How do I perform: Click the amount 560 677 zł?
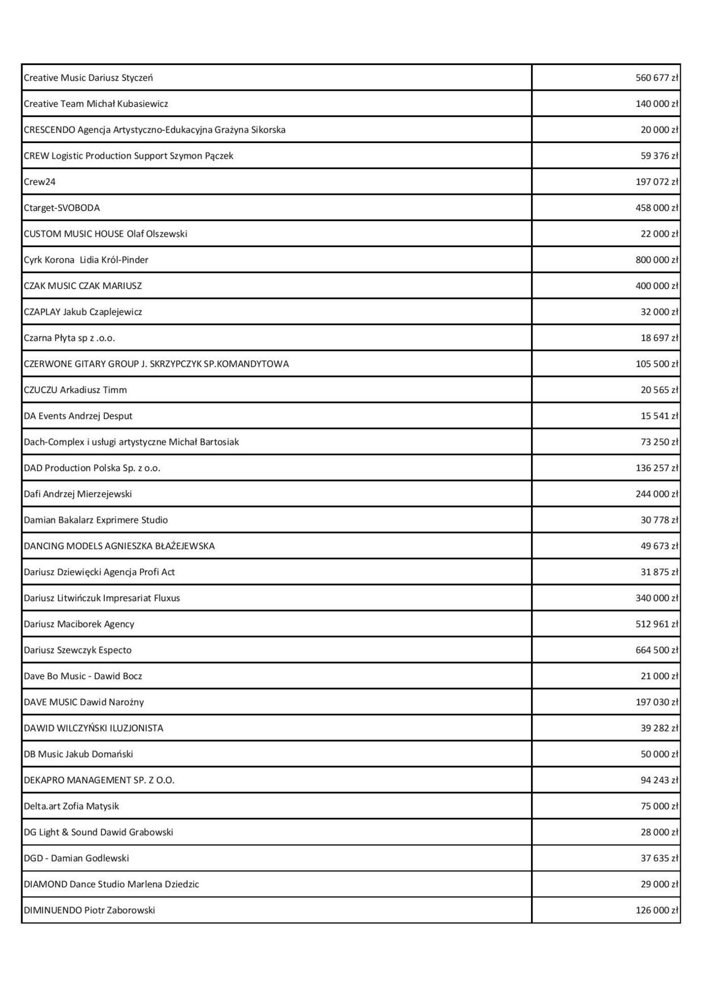(657, 78)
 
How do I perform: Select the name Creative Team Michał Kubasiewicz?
(96, 104)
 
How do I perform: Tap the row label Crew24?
(40, 182)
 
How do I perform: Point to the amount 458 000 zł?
(657, 208)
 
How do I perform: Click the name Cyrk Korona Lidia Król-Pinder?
(86, 260)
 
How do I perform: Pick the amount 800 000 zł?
(657, 260)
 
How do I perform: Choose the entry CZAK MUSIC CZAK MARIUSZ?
(82, 286)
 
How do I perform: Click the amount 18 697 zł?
(659, 338)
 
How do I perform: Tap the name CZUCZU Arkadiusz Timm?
(75, 390)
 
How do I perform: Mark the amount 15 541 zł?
(659, 416)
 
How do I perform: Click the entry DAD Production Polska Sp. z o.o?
(92, 468)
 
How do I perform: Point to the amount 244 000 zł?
(657, 494)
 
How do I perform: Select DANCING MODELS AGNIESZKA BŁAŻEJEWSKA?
(119, 546)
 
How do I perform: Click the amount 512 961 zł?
(657, 624)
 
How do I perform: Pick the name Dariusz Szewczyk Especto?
(77, 650)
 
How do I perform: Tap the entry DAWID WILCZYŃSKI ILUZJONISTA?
(94, 728)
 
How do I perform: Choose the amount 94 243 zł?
(659, 780)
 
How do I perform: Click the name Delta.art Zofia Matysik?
(71, 806)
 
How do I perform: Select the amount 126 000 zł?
(657, 910)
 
